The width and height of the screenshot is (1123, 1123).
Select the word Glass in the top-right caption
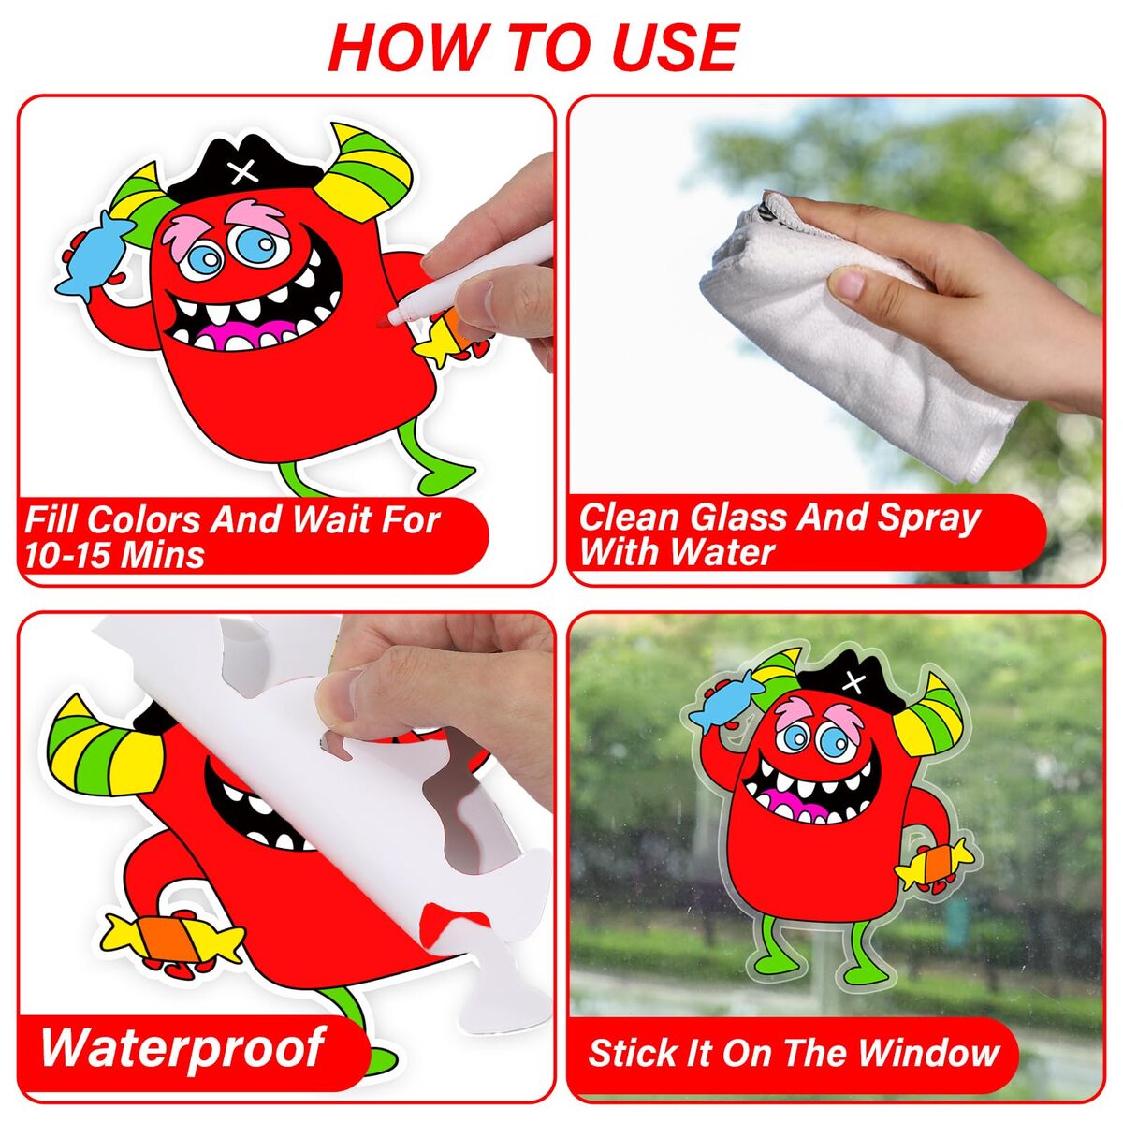[x=733, y=517]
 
